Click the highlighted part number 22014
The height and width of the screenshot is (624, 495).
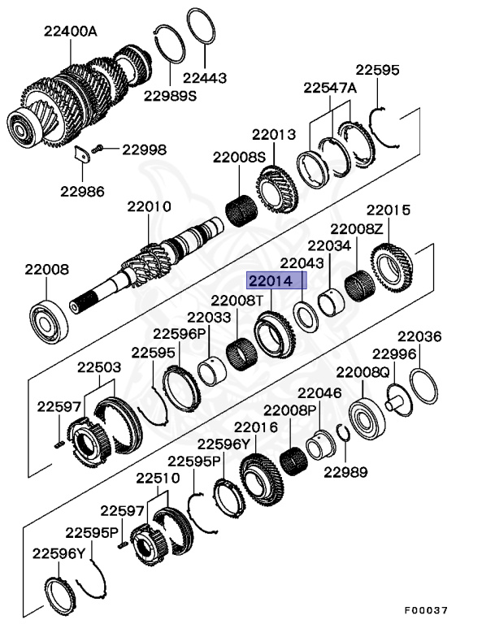[277, 281]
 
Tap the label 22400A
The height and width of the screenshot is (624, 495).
[70, 32]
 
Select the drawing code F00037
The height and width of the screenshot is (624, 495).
[425, 610]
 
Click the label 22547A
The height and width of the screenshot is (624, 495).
[330, 87]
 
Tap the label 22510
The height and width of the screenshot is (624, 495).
[158, 478]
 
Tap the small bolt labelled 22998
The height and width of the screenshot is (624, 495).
[98, 149]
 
